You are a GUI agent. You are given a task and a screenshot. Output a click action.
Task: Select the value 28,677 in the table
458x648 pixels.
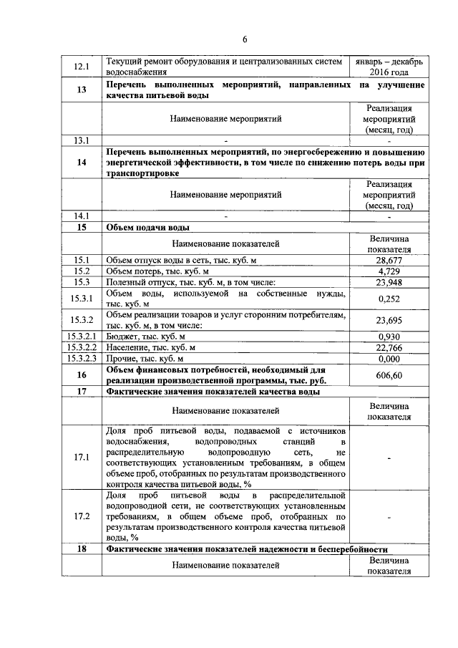[389, 260]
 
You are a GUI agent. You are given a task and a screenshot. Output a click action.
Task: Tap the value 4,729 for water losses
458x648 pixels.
[389, 271]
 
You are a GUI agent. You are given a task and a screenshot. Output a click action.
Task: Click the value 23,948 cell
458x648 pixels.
[389, 283]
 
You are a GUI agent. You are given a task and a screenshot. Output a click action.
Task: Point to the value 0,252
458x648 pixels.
[389, 299]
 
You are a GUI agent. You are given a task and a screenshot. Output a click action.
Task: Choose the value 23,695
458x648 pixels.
[389, 320]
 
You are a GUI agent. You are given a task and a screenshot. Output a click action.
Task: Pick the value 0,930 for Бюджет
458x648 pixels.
[389, 337]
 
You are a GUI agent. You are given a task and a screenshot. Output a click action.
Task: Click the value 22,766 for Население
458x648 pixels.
[389, 347]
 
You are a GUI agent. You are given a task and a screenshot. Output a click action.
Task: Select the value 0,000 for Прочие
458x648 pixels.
[389, 358]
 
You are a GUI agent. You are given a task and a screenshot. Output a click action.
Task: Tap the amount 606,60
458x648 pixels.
[389, 375]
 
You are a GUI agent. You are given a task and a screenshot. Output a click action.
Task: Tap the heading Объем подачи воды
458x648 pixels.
[147, 228]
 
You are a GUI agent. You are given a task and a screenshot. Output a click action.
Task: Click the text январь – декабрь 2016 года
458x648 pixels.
[389, 67]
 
